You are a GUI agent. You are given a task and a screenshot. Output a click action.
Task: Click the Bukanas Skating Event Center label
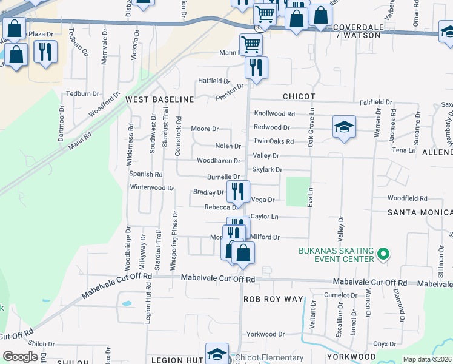pos(336,255)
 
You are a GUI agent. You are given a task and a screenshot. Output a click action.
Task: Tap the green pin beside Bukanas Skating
pos(382,254)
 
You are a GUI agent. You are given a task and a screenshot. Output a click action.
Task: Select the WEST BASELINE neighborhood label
pos(159,99)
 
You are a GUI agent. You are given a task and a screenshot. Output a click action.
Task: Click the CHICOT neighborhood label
pos(299,96)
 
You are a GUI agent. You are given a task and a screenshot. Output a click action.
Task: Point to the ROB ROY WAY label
pos(273,299)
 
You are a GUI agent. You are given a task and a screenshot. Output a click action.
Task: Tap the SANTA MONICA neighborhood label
pos(420,212)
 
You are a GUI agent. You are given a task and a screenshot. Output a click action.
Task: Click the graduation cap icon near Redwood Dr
pos(343,127)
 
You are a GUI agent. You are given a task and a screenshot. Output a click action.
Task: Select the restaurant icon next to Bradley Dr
pos(238,192)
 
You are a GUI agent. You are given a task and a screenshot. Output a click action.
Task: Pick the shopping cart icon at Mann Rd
pos(250,44)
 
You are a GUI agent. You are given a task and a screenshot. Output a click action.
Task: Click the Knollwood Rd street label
pos(274,113)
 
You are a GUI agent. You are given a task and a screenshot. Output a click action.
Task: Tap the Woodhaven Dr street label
pos(219,160)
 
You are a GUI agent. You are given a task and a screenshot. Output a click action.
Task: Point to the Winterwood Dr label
pos(152,187)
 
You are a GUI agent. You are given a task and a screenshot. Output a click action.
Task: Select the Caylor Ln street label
pos(264,217)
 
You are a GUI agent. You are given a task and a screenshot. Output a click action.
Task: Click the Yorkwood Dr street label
pos(265,334)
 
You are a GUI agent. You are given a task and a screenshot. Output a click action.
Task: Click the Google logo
pos(20,357)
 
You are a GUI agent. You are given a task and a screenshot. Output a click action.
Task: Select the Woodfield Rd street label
pos(407,198)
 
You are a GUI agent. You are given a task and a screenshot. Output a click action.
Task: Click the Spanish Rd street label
pos(146,174)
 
